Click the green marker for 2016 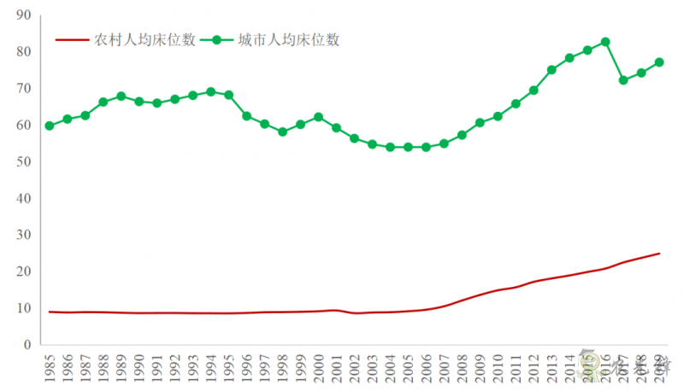[x=605, y=42]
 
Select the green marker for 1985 [x=50, y=125]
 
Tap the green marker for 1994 [x=210, y=92]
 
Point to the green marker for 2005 [x=408, y=147]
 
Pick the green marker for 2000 [x=318, y=117]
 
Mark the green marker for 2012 [x=534, y=90]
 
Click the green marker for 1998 [x=282, y=132]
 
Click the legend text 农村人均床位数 [x=145, y=39]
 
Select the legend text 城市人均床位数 [x=289, y=39]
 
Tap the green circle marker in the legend [x=217, y=39]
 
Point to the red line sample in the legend [x=73, y=39]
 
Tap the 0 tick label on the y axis [x=27, y=345]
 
